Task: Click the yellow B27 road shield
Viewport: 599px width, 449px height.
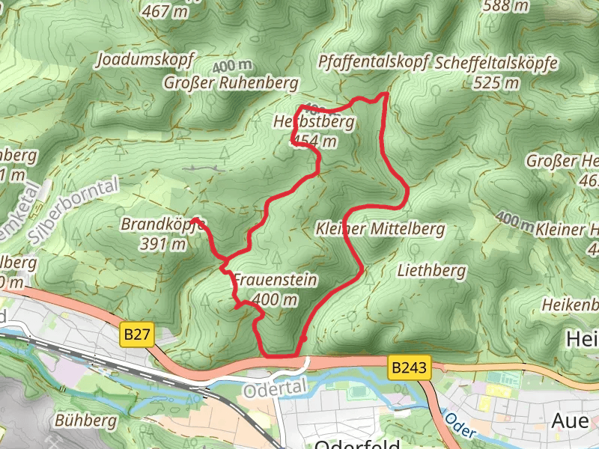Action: pyautogui.click(x=136, y=335)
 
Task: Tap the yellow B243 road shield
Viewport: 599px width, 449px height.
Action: pyautogui.click(x=410, y=367)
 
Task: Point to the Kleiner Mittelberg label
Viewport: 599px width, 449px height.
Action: pyautogui.click(x=380, y=229)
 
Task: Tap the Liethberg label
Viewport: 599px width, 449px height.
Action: pyautogui.click(x=431, y=270)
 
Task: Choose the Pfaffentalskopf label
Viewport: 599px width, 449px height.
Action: pyautogui.click(x=373, y=61)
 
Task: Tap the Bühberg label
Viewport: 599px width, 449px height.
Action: pyautogui.click(x=86, y=421)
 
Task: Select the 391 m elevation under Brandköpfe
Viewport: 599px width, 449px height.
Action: pyautogui.click(x=162, y=243)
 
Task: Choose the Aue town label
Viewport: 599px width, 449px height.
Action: pyautogui.click(x=570, y=421)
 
